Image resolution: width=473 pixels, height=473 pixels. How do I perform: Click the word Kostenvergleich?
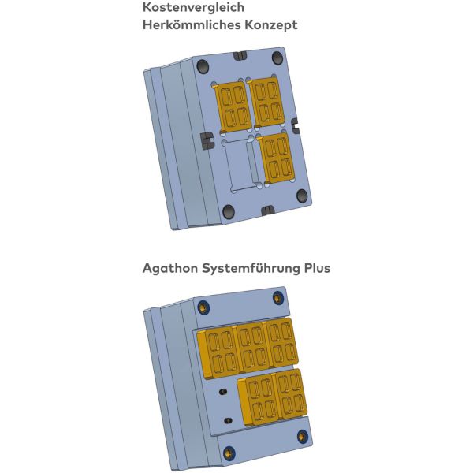coord(193,7)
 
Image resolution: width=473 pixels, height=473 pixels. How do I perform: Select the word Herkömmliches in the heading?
coord(192,24)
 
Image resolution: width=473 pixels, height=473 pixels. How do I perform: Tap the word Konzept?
coord(271,25)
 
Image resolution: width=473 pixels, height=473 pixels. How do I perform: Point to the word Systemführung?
coord(251,268)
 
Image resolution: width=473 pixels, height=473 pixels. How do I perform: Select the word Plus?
coord(317,268)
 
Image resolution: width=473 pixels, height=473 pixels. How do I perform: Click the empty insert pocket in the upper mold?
coord(240,166)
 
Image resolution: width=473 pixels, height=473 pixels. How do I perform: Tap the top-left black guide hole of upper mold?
coord(203,66)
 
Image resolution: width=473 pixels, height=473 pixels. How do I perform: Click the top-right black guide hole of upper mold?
coord(277,58)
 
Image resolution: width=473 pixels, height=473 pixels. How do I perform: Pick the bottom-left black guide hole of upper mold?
coord(229,211)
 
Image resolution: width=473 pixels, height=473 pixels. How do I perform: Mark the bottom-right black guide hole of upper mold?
coord(302,196)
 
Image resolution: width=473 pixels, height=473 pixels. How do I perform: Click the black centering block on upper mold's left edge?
coord(207,140)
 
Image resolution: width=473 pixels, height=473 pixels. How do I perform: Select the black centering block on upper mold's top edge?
coord(240,56)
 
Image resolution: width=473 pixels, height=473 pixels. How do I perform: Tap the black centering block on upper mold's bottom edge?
coord(267,210)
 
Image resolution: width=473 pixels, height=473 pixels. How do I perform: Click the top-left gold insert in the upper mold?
coord(233,107)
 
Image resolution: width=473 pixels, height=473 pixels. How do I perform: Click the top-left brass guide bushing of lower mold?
coord(203,307)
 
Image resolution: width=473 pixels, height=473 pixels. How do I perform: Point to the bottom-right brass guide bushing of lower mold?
coord(303,437)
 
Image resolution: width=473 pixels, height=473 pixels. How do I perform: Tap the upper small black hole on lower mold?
coord(223,392)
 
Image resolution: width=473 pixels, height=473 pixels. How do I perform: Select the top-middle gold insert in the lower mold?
coord(252,346)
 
